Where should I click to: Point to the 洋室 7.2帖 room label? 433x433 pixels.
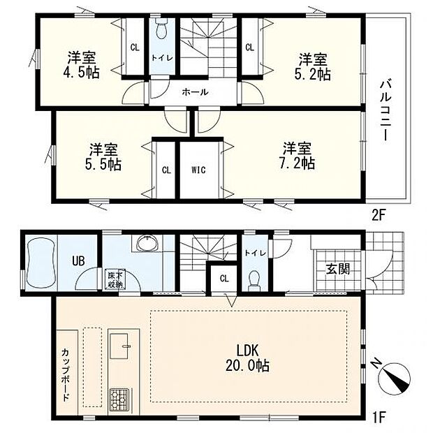[298, 155]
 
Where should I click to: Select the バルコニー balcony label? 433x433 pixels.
[385, 110]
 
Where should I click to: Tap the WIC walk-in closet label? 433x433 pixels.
[199, 169]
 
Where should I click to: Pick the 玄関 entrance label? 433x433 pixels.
[337, 269]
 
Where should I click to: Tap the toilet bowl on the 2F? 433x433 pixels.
[161, 31]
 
